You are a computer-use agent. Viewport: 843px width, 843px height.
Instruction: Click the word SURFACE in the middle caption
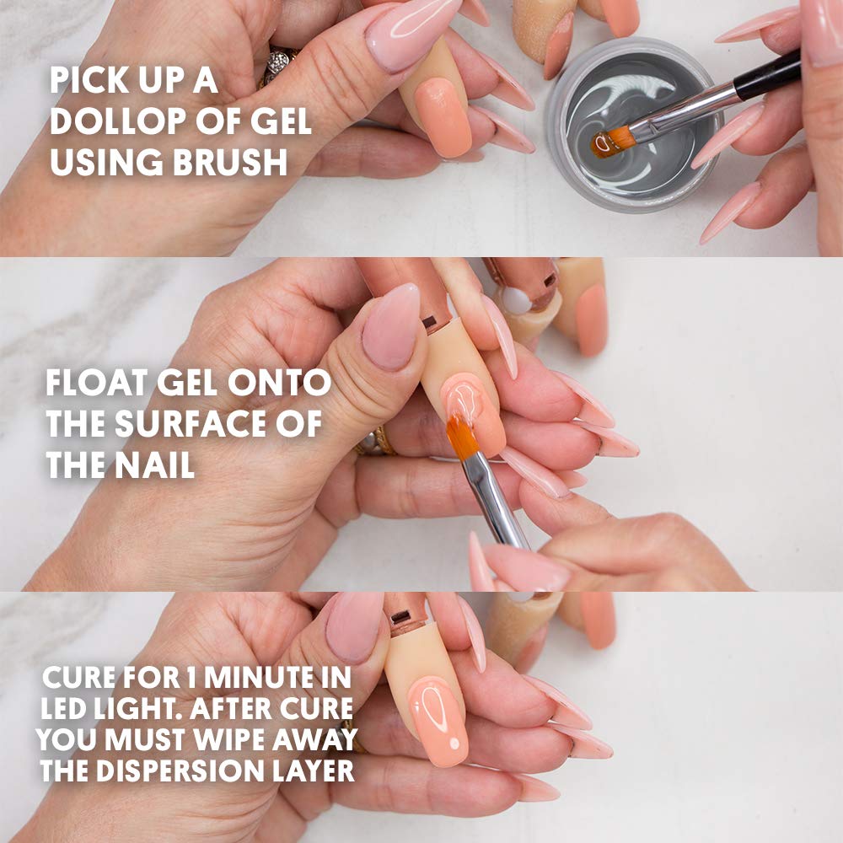click(x=191, y=423)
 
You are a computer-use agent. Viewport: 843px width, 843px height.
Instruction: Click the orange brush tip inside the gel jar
click(x=610, y=141)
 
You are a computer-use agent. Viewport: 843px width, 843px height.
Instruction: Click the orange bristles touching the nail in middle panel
click(x=462, y=433)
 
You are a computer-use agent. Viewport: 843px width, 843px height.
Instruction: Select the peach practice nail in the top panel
click(x=443, y=116)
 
